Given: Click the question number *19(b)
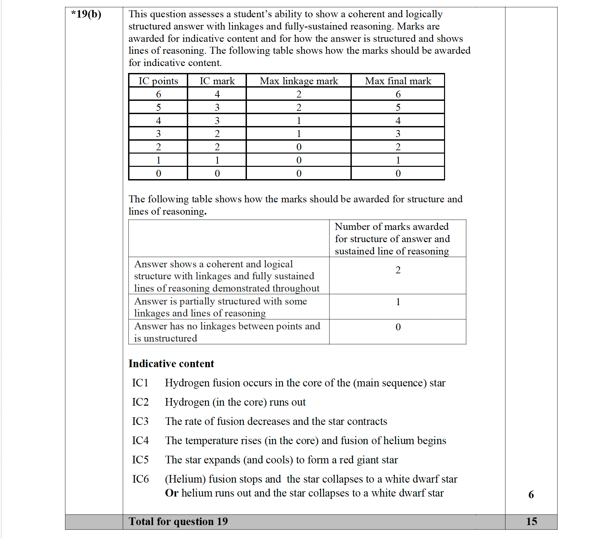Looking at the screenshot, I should click(x=86, y=14).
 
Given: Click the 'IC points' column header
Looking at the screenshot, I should click(x=158, y=81).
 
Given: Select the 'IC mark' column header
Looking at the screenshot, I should click(x=217, y=81).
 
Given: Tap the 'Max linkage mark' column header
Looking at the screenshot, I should click(x=299, y=81).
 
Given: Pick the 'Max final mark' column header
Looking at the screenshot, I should click(x=398, y=81).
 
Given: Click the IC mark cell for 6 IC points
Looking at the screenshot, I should click(x=217, y=94).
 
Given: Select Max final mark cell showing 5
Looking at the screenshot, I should click(x=398, y=107).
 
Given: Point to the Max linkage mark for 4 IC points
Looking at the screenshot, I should click(x=299, y=121).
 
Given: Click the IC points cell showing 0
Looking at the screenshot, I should click(x=158, y=173).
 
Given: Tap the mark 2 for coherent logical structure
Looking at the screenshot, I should click(x=398, y=270).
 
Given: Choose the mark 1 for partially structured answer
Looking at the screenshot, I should click(x=398, y=302).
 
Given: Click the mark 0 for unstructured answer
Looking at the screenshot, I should click(x=398, y=327).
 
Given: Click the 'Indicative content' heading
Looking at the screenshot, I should click(x=171, y=364).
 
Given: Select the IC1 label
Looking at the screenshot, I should click(x=140, y=383).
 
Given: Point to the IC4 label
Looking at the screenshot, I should click(x=140, y=440).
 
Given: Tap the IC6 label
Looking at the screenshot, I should click(x=140, y=479).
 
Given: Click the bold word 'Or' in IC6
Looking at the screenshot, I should click(x=172, y=493).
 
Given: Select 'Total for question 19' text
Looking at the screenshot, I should click(x=178, y=521).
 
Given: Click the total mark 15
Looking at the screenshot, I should click(x=531, y=521).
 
